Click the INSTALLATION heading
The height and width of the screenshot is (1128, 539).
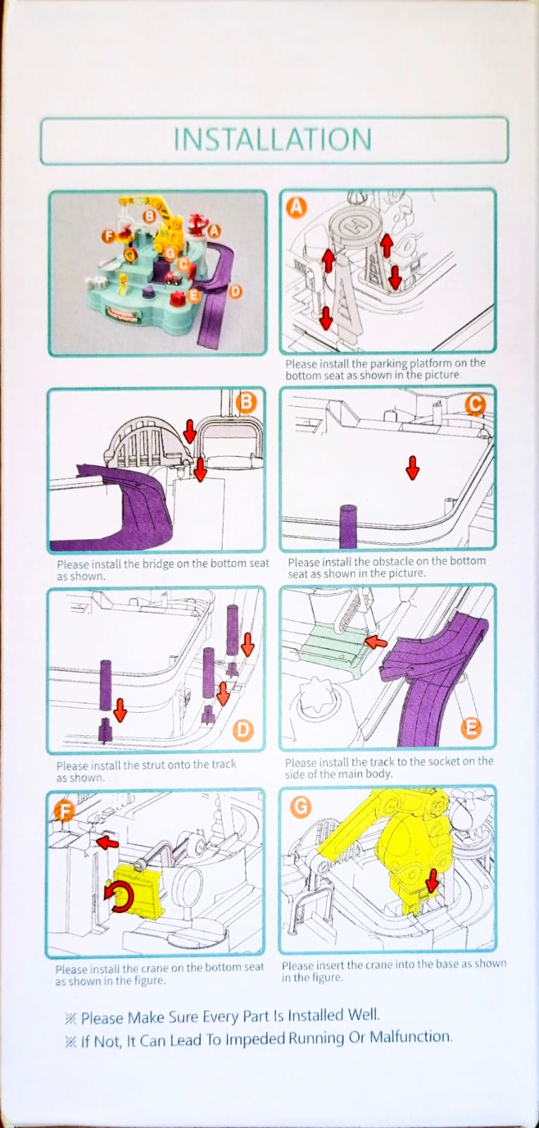tap(273, 140)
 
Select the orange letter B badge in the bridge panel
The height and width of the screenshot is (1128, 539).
tap(246, 403)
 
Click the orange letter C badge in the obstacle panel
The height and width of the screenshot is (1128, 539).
tap(476, 404)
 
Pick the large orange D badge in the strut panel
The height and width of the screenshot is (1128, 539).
tap(242, 730)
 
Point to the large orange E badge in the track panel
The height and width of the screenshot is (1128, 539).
tap(471, 728)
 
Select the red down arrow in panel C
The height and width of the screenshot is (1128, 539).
tap(412, 467)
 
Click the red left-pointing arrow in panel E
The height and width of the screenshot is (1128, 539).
tap(376, 642)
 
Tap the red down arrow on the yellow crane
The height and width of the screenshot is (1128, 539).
tap(432, 879)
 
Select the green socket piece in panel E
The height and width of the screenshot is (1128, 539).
tap(331, 644)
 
